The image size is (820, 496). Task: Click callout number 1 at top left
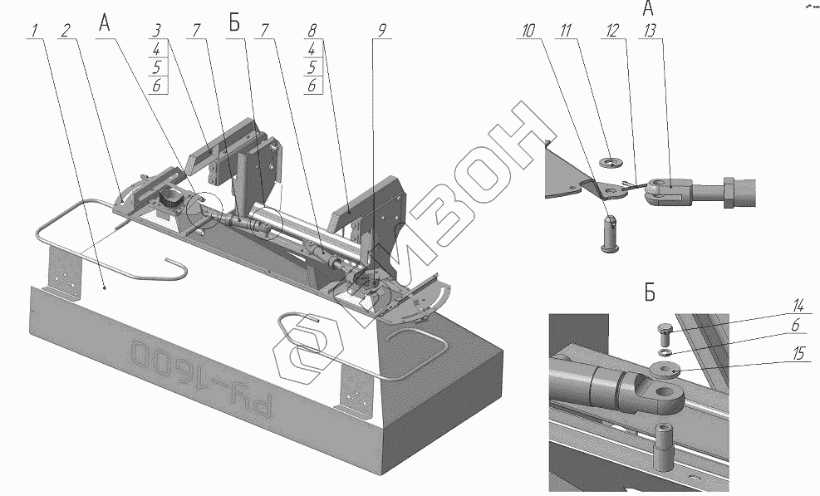coord(35,32)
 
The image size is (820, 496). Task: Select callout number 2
coord(65,32)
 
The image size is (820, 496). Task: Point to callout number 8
coord(312,30)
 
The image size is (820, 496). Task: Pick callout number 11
coord(567,32)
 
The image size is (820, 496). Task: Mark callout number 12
coord(612,32)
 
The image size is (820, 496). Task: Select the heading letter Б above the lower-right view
coord(649,292)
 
